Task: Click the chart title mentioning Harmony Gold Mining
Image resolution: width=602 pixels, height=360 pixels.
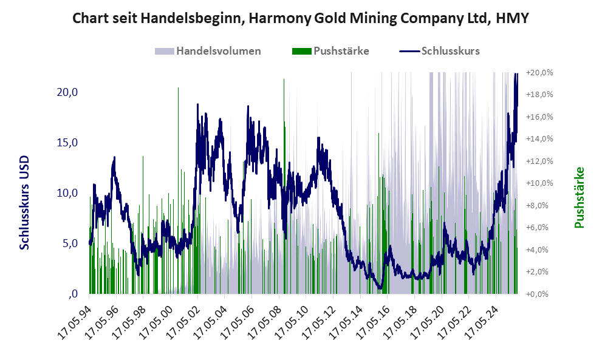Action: pyautogui.click(x=301, y=18)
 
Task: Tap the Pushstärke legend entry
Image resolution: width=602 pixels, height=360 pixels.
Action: pyautogui.click(x=341, y=51)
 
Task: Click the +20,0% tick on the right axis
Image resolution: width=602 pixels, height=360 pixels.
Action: pyautogui.click(x=540, y=73)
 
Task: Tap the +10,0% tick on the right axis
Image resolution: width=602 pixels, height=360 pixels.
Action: pyautogui.click(x=540, y=183)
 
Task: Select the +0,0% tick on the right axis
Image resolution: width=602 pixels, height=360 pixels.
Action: pyautogui.click(x=540, y=294)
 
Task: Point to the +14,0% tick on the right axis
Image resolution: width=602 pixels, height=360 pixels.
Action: pyautogui.click(x=540, y=139)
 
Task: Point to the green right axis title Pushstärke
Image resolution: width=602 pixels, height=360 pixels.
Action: pyautogui.click(x=578, y=197)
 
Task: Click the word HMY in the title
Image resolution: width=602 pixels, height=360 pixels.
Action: pyautogui.click(x=513, y=18)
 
